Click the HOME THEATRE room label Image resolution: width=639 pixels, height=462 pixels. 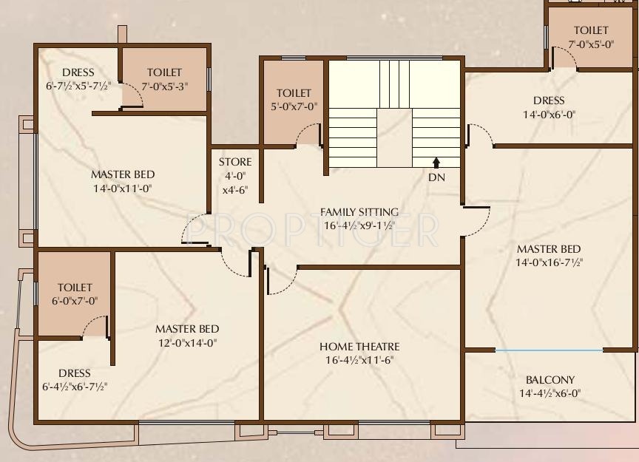pyautogui.click(x=359, y=347)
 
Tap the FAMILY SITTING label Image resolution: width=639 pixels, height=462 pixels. pyautogui.click(x=359, y=212)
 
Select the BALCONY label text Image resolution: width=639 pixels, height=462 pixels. pyautogui.click(x=550, y=380)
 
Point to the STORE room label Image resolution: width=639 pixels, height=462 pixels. pyautogui.click(x=235, y=162)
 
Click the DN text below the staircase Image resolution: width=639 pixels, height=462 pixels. pyautogui.click(x=436, y=177)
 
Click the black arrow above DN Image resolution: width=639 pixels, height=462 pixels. pyautogui.click(x=436, y=161)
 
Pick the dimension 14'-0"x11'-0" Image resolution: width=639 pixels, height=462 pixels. pyautogui.click(x=123, y=188)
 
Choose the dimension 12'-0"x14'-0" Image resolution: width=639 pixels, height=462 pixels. pyautogui.click(x=187, y=343)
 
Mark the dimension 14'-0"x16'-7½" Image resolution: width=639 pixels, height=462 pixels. pyautogui.click(x=549, y=263)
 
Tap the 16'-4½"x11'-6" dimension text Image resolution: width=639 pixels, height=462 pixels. pyautogui.click(x=359, y=361)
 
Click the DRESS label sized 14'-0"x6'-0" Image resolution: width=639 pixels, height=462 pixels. pyautogui.click(x=549, y=101)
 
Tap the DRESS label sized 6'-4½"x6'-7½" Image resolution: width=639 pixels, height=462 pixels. pyautogui.click(x=75, y=373)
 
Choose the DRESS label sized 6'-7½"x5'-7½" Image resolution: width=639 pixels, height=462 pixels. pyautogui.click(x=78, y=72)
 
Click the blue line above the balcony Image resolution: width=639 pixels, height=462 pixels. pyautogui.click(x=549, y=350)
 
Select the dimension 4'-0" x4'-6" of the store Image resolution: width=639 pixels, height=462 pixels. pyautogui.click(x=235, y=183)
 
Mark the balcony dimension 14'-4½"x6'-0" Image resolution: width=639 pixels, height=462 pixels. pyautogui.click(x=550, y=394)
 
